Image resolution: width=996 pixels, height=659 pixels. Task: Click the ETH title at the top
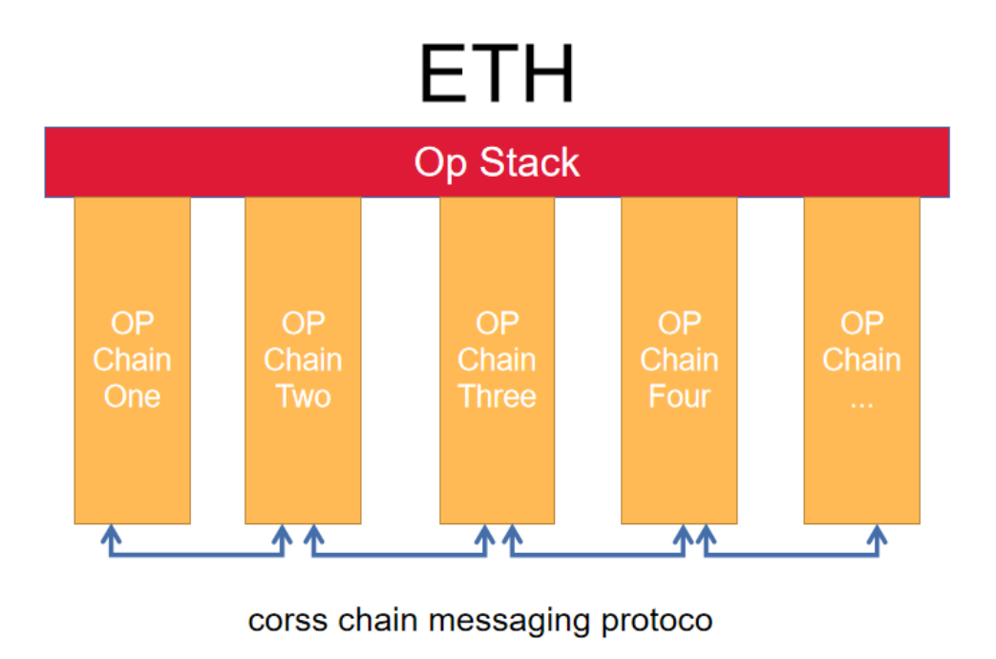[x=497, y=74]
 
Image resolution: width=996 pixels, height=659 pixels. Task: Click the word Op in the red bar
[x=440, y=163]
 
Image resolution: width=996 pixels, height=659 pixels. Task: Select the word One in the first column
[x=132, y=395]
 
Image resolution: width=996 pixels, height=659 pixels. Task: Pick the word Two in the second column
[x=303, y=395]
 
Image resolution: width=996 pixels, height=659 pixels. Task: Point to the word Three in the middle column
[x=497, y=395]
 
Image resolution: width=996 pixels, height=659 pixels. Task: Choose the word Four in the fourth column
[x=679, y=395]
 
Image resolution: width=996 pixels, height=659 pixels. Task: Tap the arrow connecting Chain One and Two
[x=196, y=554]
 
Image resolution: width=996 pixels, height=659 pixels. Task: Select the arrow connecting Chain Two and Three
[x=398, y=554]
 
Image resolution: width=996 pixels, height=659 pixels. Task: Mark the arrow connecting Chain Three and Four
[x=597, y=554]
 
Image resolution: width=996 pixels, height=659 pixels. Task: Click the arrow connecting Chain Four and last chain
[x=791, y=554]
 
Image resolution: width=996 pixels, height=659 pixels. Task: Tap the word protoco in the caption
[x=657, y=622]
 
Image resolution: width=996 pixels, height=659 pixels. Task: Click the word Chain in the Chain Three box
[x=497, y=360]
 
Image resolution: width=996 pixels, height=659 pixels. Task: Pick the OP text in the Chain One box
[x=132, y=324]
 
